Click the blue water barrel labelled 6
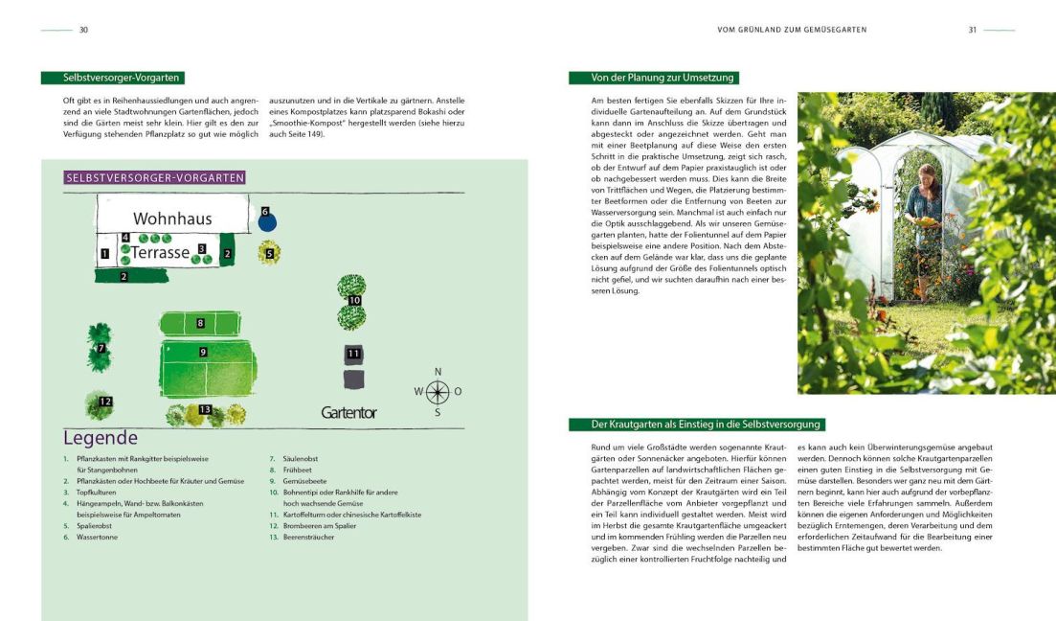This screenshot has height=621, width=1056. tap(266, 222)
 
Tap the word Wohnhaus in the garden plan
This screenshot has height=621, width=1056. tap(172, 218)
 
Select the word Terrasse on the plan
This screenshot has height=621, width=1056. tap(160, 253)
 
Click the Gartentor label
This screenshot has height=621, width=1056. tap(348, 413)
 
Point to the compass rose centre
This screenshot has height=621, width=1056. tap(438, 391)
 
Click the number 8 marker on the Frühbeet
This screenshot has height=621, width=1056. tap(200, 323)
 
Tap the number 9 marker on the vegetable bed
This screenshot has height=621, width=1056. tap(203, 353)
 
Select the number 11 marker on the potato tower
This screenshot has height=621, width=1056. tap(353, 354)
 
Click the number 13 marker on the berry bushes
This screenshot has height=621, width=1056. tap(204, 410)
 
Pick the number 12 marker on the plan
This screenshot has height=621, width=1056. tap(105, 402)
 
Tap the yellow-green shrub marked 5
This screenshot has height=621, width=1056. tap(270, 254)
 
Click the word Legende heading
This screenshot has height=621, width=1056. tap(101, 438)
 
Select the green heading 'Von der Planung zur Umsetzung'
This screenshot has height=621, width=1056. tap(652, 78)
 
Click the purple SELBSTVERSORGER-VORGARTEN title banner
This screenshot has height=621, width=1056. tap(154, 177)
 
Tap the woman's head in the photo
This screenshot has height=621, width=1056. tap(926, 175)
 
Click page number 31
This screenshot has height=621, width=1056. tap(972, 30)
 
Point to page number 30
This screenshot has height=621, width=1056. tap(83, 30)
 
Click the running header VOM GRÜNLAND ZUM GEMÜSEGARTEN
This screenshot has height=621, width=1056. tap(792, 30)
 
